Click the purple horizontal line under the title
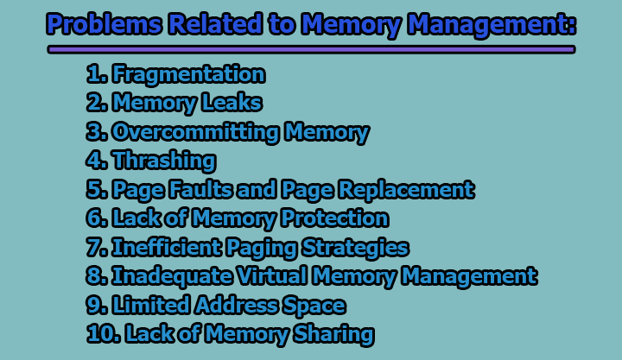tap(311, 50)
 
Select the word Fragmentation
tap(187, 75)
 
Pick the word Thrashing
tap(163, 161)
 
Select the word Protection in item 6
tap(329, 218)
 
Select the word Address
tap(238, 305)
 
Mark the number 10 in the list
tap(98, 334)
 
